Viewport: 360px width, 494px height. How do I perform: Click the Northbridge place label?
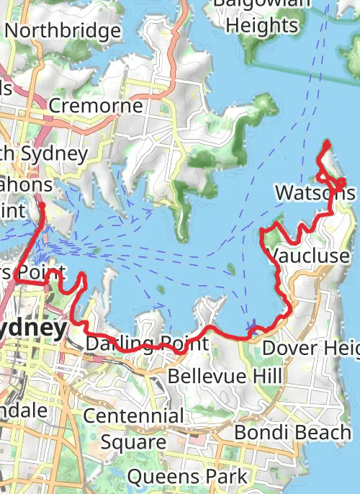point(62,31)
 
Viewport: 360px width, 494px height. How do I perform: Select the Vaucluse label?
point(308,256)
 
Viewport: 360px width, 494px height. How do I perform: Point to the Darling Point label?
point(147,343)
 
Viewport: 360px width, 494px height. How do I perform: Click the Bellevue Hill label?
point(225,376)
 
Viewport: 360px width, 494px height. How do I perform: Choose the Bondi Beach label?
point(293,433)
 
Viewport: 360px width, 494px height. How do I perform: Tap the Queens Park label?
point(186,476)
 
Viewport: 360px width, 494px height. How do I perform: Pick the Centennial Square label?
point(133,428)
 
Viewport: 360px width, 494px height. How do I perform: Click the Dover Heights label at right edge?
point(310,348)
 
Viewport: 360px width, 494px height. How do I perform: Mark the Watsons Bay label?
point(315,193)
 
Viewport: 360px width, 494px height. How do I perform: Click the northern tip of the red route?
point(328,142)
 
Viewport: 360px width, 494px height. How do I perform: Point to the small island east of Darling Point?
point(231,270)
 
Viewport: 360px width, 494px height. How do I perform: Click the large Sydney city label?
point(32,328)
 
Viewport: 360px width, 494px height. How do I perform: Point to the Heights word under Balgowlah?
point(261,25)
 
